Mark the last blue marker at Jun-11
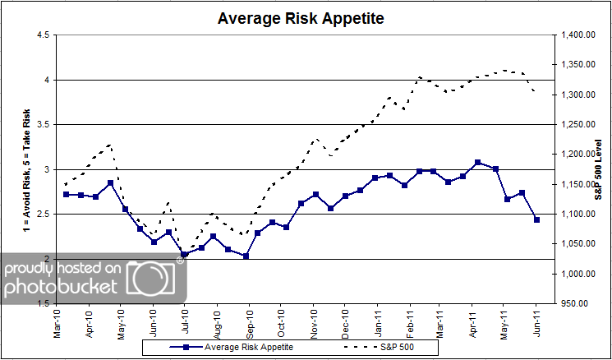pos(536,219)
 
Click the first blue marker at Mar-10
pos(66,194)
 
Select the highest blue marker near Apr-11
pos(477,163)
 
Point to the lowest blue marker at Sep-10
pos(246,256)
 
